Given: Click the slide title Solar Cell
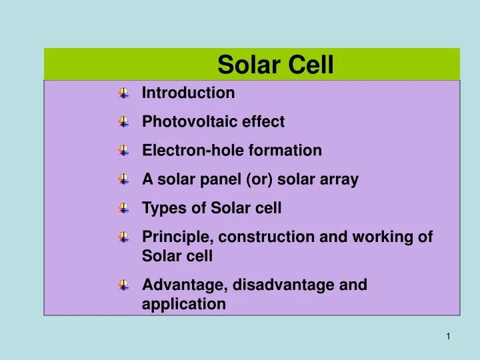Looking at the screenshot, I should pos(275,65).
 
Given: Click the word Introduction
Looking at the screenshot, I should pos(189,93).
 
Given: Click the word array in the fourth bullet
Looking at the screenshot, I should pos(341,179).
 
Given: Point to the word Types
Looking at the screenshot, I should pos(162,208).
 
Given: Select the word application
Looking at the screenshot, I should pos(184,305).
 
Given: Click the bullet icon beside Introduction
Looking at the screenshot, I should pos(123,94).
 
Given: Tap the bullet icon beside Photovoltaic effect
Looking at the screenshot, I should pos(123,123).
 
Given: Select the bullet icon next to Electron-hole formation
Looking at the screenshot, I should pos(123,151).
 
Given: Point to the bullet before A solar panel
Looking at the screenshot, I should pos(123,180).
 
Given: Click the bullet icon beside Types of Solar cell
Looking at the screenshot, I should pos(123,209).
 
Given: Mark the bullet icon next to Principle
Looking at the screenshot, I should pos(123,237).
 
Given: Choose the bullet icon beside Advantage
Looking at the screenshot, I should pos(123,286).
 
